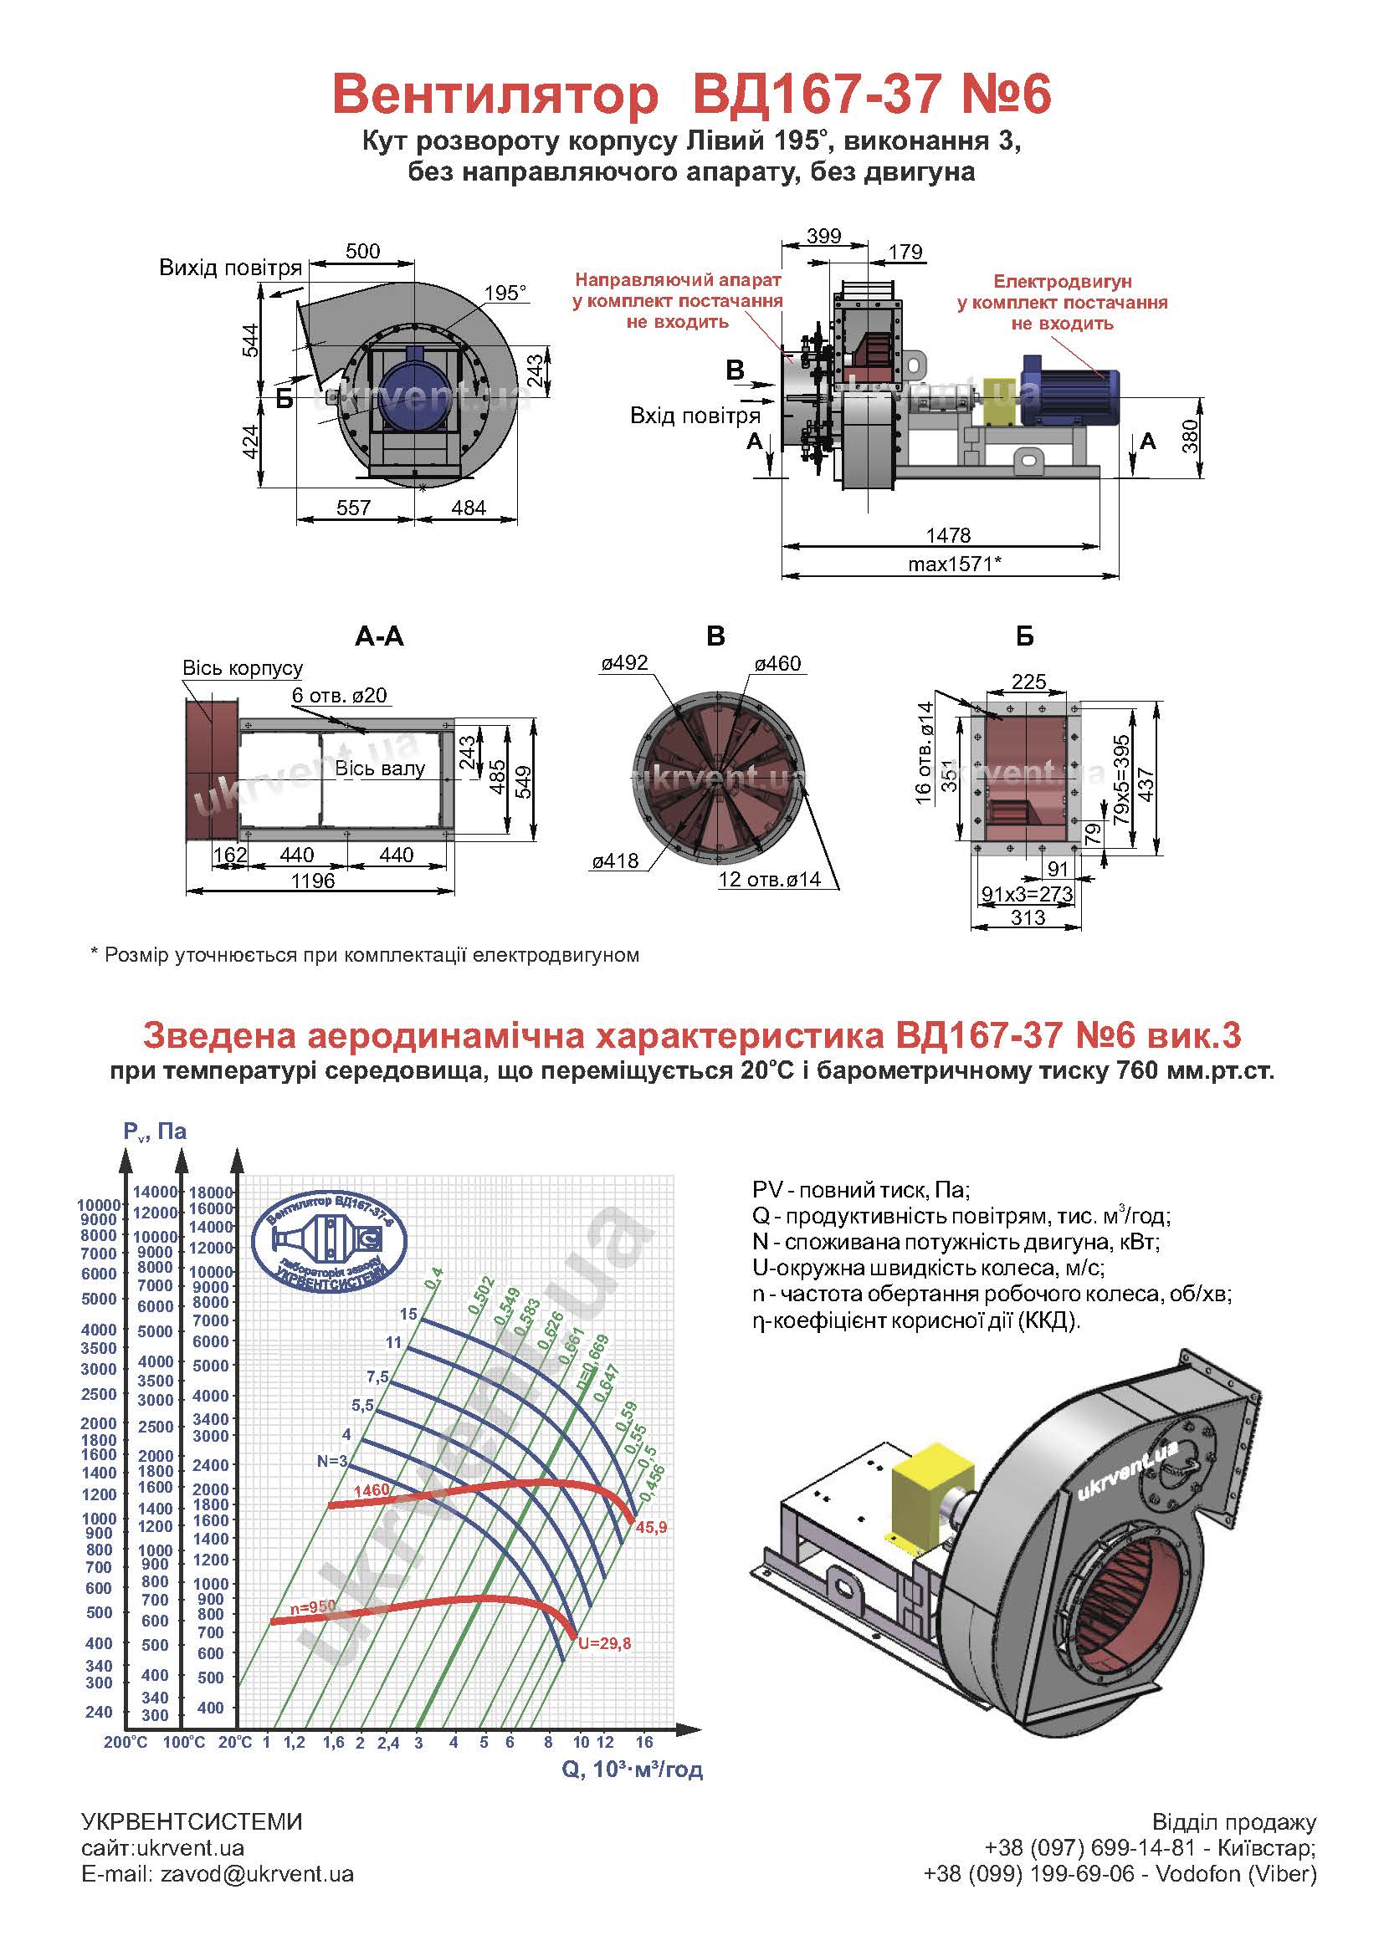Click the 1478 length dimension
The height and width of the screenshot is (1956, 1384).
click(949, 535)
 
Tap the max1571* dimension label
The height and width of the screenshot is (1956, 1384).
click(954, 563)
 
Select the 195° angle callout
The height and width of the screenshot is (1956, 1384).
click(505, 293)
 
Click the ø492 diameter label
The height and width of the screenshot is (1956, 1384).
click(625, 663)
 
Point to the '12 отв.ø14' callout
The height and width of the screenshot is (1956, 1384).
click(770, 879)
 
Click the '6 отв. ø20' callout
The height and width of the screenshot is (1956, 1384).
click(339, 695)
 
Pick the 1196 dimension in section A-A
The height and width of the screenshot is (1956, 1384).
click(313, 881)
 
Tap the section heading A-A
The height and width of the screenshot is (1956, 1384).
click(379, 636)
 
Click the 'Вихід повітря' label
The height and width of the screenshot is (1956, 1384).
click(231, 268)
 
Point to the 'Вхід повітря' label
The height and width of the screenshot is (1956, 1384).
click(695, 416)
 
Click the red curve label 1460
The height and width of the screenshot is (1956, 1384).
click(371, 1490)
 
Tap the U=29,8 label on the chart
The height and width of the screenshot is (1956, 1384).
click(604, 1643)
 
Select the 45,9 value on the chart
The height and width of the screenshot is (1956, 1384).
click(651, 1528)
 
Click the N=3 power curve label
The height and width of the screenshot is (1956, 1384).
click(332, 1461)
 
